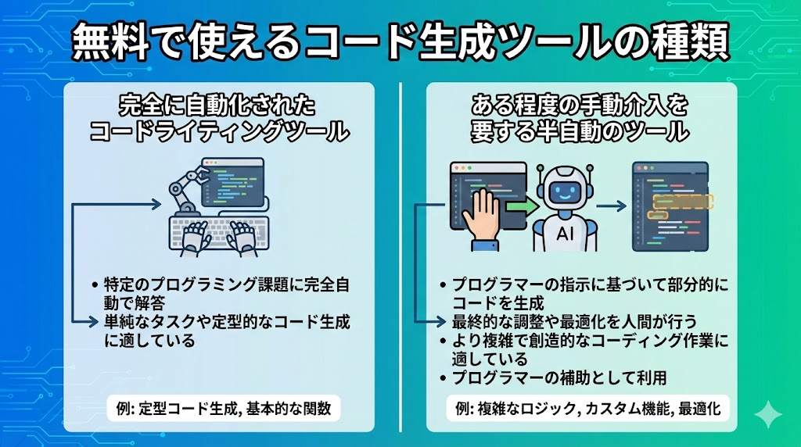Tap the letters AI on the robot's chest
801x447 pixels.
tap(565, 234)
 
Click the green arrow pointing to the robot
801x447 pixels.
tap(522, 206)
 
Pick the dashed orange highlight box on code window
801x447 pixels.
tap(683, 202)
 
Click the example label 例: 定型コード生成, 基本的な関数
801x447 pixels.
tap(224, 408)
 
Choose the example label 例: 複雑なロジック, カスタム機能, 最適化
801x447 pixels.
tap(588, 408)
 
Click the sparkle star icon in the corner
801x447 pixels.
tap(768, 414)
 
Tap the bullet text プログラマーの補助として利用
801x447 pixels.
tap(559, 377)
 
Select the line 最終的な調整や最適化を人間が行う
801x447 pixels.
tap(574, 321)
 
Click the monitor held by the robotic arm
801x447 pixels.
tap(233, 182)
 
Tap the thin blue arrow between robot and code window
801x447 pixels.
tap(611, 206)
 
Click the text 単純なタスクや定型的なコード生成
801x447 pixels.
tap(227, 321)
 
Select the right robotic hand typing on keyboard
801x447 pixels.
tap(244, 237)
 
